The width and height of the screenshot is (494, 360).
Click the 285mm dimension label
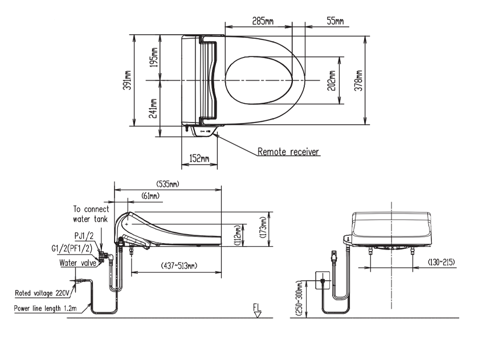pos(263,21)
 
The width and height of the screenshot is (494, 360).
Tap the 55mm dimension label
pos(335,21)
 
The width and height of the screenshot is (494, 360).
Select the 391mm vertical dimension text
pos(128,80)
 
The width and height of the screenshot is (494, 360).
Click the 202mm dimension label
pos(333,80)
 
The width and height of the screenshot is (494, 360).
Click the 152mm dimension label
pos(200,159)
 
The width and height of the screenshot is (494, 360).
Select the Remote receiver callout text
pos(288,152)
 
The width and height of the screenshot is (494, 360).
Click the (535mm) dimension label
pos(168,184)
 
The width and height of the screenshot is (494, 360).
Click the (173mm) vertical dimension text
pos(263,230)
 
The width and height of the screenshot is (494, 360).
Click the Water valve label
pos(77,263)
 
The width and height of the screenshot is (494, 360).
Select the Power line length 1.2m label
pos(47,308)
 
